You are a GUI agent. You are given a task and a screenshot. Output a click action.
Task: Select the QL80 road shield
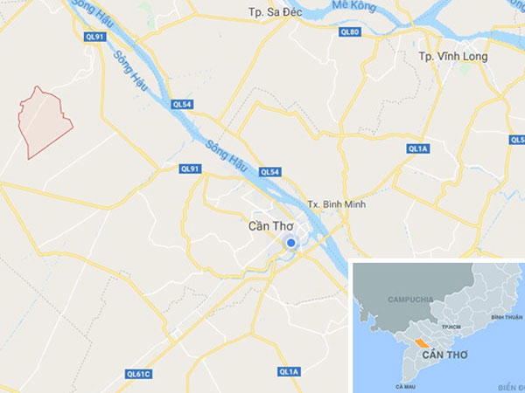[349, 31]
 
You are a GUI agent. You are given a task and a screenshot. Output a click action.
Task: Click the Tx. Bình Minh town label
[337, 204]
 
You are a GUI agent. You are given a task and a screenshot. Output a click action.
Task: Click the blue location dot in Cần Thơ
[293, 244]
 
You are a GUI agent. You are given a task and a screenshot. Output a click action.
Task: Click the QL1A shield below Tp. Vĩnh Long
[418, 149]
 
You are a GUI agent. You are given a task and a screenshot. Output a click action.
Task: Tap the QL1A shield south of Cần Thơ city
[289, 372]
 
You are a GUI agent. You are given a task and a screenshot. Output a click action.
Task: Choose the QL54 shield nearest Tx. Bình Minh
[269, 172]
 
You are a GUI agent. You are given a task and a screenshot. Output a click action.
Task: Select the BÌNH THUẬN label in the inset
[507, 317]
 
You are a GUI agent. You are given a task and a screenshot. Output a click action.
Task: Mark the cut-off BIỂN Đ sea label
[510, 384]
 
